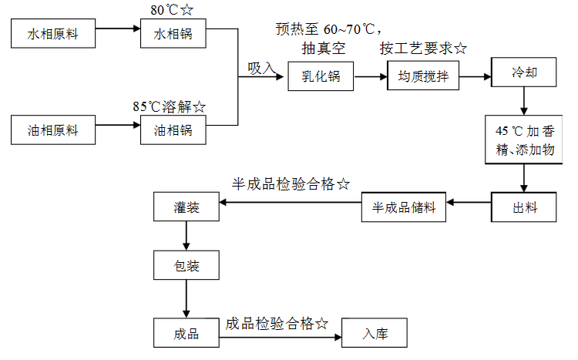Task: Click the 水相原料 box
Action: [x=53, y=34]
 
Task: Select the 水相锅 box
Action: [x=173, y=34]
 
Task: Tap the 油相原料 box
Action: [x=53, y=130]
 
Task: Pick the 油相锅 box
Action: [x=173, y=130]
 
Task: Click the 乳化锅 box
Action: [x=321, y=76]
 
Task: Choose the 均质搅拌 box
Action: [x=423, y=76]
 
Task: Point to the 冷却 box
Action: [x=524, y=72]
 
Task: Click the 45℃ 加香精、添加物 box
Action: [x=524, y=140]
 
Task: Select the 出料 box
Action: [x=524, y=207]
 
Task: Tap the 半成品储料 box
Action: [x=404, y=207]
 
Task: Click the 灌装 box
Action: [x=187, y=207]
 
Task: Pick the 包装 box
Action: [x=187, y=265]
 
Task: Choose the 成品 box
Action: [x=187, y=333]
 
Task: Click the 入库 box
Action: [x=375, y=333]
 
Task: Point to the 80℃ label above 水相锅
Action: [x=164, y=10]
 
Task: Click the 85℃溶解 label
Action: [x=162, y=106]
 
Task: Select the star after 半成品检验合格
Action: [x=343, y=183]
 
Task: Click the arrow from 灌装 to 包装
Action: [x=187, y=236]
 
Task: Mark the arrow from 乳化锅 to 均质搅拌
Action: [x=371, y=77]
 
